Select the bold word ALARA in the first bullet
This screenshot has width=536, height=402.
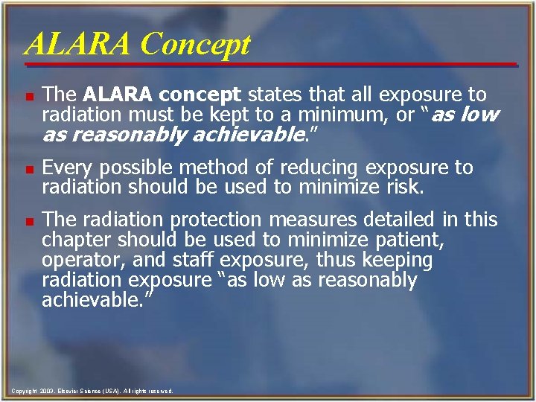[x=118, y=95]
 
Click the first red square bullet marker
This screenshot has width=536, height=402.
[x=28, y=96]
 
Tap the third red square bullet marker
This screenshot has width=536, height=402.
[x=28, y=221]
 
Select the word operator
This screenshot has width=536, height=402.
[x=73, y=261]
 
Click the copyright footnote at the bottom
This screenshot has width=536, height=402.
[x=92, y=391]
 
